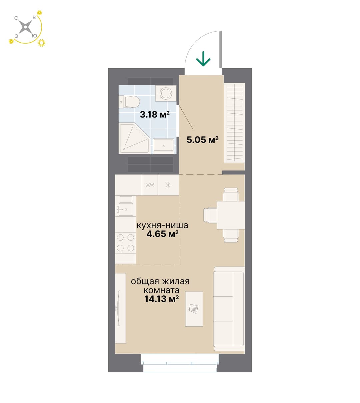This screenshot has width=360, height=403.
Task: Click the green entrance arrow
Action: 203,59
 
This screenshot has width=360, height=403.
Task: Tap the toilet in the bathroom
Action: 129,102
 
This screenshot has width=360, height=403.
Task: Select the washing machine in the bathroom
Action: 166,94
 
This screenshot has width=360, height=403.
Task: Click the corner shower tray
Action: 134,139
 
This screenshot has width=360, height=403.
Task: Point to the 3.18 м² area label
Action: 155,114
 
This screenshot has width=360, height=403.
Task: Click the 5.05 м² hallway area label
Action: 203,140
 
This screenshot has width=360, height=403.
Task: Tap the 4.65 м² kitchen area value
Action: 162,234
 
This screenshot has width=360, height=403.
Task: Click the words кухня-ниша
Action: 162,225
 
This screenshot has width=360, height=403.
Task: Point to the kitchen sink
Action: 125,209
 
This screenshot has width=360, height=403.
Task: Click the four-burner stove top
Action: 125,242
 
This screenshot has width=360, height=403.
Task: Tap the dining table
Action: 231,215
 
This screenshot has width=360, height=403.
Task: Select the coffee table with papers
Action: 194,309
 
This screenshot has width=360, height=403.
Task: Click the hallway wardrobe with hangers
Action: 234,123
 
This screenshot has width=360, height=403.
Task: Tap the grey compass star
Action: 26,27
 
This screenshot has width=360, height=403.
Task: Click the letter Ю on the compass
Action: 34,36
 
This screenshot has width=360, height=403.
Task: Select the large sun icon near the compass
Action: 41,43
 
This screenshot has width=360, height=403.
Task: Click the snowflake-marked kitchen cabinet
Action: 168,185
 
